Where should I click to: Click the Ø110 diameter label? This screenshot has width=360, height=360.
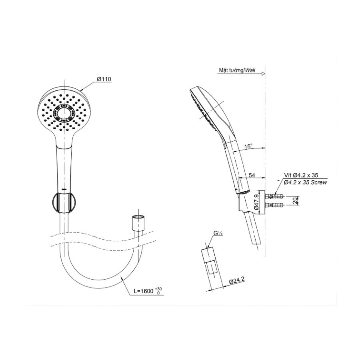pyautogui.click(x=103, y=80)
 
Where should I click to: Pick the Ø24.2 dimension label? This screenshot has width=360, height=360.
pyautogui.click(x=237, y=282)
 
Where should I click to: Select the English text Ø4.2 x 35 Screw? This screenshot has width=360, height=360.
pyautogui.click(x=305, y=182)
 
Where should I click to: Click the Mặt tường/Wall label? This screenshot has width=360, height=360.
pyautogui.click(x=237, y=70)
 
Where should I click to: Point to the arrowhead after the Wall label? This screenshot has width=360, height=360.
pyautogui.click(x=263, y=74)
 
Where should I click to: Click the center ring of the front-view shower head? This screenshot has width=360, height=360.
pyautogui.click(x=64, y=113)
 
